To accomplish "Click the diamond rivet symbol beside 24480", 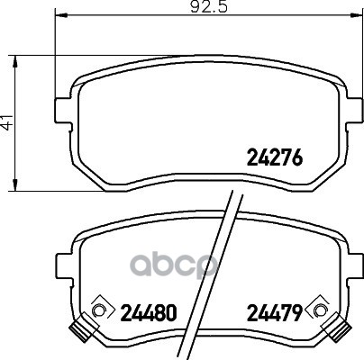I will pyautogui.click(x=100, y=310).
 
